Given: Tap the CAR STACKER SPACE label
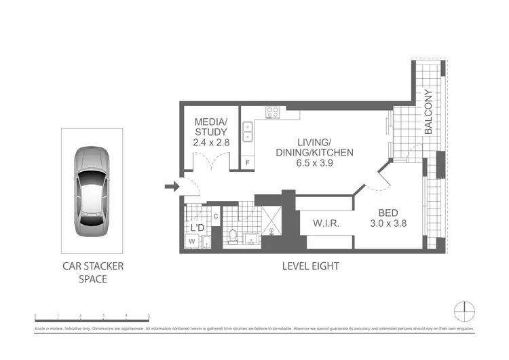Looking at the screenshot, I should (93, 273).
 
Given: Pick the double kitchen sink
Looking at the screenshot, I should (248, 131).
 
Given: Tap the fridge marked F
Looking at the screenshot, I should (248, 163).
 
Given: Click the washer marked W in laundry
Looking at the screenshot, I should (191, 240).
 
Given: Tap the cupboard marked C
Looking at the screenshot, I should (215, 216).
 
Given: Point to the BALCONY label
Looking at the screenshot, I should (428, 112).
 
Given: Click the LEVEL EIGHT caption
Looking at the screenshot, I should (310, 266).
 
